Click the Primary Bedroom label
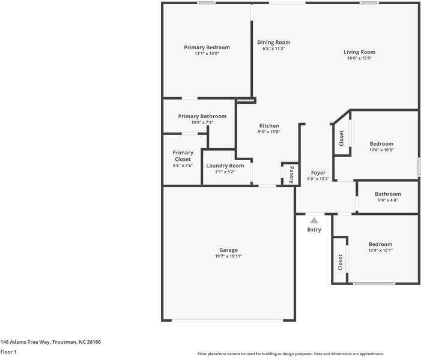pos(207,47)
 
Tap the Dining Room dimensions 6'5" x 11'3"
pos(273,49)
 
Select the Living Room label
pos(359,52)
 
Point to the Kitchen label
pos(269,125)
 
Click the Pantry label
pos(291,174)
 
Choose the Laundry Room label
pos(225,166)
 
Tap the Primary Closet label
pos(183,156)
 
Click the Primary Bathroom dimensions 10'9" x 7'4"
pos(202,122)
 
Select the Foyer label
pos(318,173)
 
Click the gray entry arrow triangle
pos(314,221)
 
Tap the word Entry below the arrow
pos(314,230)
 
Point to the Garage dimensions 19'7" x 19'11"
pos(228,256)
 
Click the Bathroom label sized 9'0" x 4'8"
pos(387,194)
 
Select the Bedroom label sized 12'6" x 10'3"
pos(381,143)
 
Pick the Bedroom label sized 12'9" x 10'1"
pos(380,244)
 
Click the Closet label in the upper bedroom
pos(342,139)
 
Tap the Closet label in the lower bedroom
pos(340,262)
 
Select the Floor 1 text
pos(8,352)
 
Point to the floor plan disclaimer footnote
pos(291,354)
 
